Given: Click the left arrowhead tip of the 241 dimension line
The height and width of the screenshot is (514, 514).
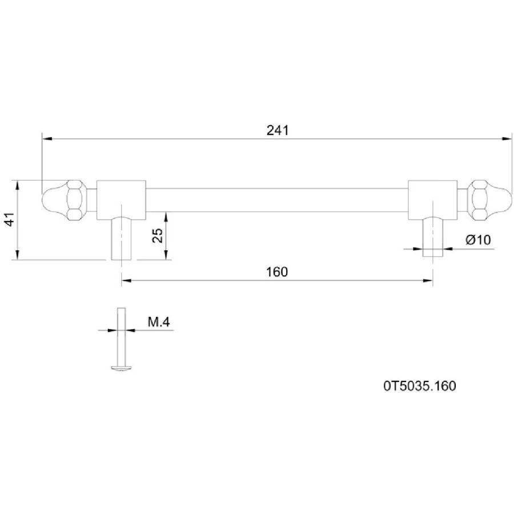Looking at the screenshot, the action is [42, 139].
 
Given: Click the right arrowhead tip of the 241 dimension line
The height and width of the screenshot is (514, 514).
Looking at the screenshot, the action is [512, 139].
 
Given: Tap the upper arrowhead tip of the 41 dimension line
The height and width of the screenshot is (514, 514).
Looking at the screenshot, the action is [17, 180].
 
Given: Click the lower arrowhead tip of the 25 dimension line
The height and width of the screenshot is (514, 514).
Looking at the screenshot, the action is [166, 260].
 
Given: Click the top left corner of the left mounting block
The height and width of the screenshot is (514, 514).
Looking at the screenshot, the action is [97, 180].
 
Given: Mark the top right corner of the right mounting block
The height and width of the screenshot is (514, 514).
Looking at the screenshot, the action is [457, 180].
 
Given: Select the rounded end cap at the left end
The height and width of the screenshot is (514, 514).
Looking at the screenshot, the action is [55, 200].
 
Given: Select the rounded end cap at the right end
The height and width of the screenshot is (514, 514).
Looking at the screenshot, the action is [499, 200].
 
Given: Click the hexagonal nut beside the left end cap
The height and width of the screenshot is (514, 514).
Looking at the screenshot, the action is [76, 200].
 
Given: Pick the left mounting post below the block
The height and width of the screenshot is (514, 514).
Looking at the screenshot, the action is [122, 238].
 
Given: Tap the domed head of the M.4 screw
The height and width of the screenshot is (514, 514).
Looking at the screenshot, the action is [121, 368].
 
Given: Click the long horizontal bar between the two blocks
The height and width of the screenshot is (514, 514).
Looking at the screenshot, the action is [277, 200].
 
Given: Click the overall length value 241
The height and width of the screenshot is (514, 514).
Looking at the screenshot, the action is [278, 130].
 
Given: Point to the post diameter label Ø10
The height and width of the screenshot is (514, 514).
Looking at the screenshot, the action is [478, 240].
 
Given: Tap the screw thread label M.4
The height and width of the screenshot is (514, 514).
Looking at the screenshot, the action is [159, 322].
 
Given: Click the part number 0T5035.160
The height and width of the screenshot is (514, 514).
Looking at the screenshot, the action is [420, 386].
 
